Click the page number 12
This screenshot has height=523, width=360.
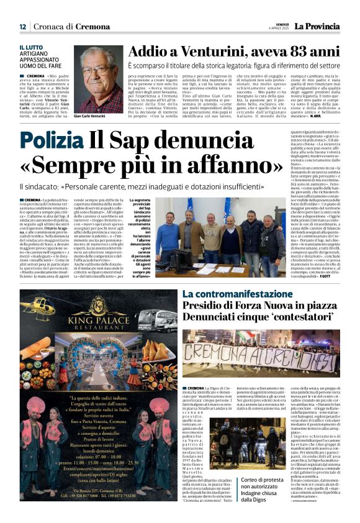(x=22, y=27)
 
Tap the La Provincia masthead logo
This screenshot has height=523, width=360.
(x=317, y=26)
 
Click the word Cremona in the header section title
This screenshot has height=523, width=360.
(x=92, y=27)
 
